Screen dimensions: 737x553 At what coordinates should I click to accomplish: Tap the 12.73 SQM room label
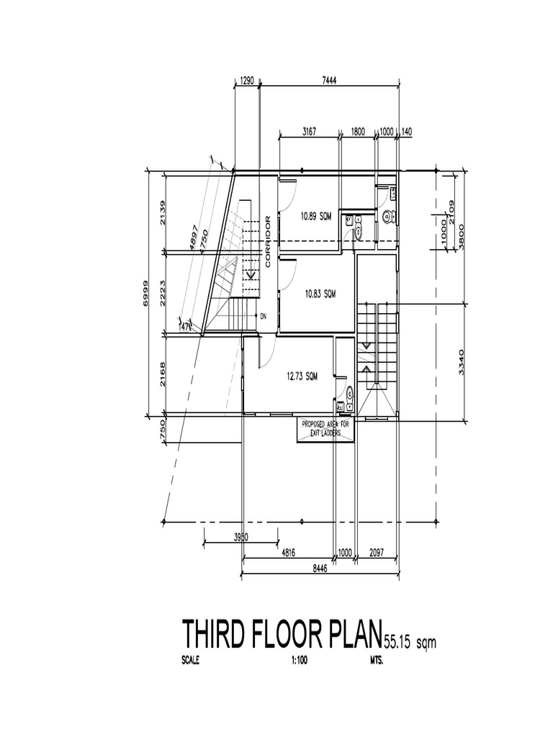point(302,375)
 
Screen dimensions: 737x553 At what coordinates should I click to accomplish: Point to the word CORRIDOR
point(268,242)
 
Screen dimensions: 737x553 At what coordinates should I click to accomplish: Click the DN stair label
point(263,315)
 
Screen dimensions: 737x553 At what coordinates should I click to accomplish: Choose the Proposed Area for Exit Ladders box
point(325,428)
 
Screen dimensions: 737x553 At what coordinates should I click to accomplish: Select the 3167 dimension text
point(310,131)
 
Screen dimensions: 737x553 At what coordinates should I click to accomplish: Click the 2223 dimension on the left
point(163,294)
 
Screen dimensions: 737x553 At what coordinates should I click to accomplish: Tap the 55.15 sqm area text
point(410,640)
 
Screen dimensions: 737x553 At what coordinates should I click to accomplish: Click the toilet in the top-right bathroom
point(389,215)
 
